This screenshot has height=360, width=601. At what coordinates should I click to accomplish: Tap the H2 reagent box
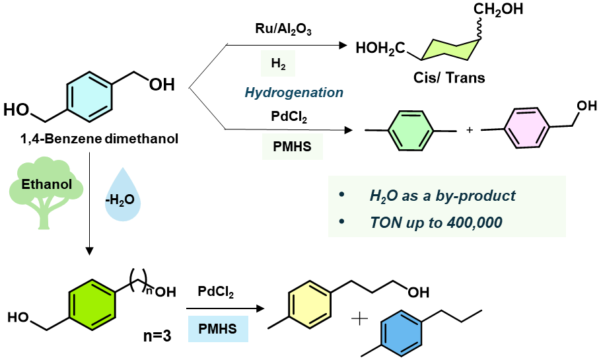277,64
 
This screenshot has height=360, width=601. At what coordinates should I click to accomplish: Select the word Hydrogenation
293,92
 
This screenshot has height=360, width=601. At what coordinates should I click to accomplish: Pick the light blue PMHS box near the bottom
218,328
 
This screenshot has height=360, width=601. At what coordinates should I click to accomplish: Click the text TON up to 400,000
436,222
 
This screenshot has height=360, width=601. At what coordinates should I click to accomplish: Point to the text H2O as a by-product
442,196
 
